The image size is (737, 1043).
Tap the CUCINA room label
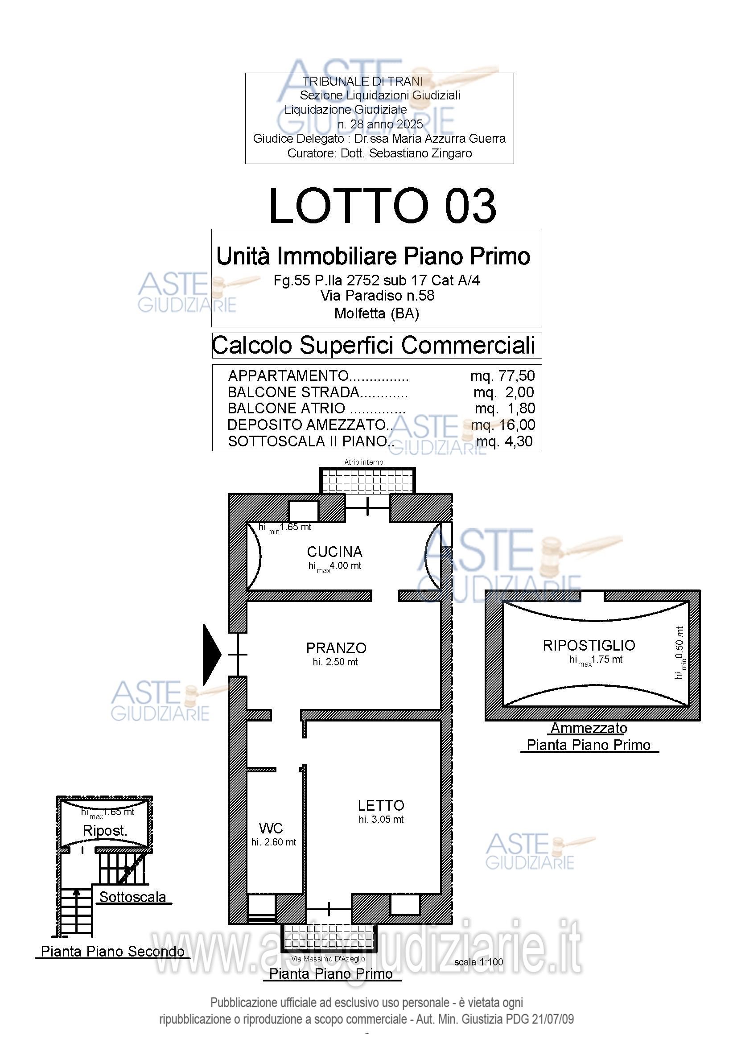tap(335, 552)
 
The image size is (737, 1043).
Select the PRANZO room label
tap(336, 648)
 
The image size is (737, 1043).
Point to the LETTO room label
tap(381, 805)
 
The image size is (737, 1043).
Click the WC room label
tap(271, 828)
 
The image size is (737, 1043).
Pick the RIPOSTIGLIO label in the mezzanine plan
tap(589, 645)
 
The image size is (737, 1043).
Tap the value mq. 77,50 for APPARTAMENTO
tap(502, 375)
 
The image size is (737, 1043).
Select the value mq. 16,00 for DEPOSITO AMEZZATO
tap(502, 425)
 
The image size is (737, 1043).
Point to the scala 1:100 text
tap(478, 962)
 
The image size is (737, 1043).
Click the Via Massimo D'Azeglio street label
tap(328, 959)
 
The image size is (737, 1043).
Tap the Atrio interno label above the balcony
tap(364, 462)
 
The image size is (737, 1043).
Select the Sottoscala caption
tap(132, 897)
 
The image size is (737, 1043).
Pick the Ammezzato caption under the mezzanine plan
tap(589, 728)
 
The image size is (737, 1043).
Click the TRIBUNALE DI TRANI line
tap(363, 81)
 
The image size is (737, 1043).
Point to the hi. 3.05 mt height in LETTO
tap(381, 819)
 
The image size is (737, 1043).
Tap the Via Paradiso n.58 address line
tap(377, 295)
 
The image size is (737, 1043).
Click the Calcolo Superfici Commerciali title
tap(374, 345)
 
